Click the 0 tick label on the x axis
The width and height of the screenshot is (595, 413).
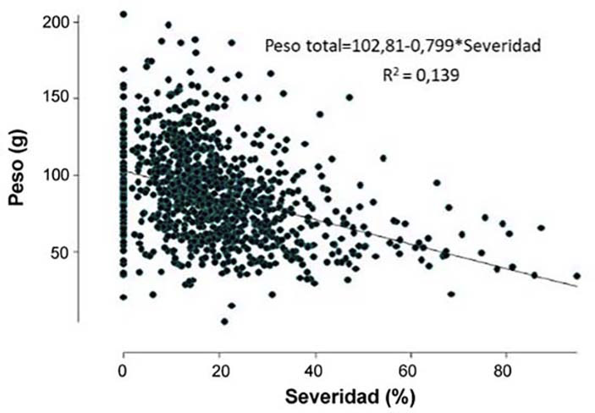pyautogui.click(x=124, y=369)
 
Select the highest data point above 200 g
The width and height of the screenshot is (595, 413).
pyautogui.click(x=124, y=14)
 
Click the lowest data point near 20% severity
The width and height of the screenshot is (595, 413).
pyautogui.click(x=224, y=321)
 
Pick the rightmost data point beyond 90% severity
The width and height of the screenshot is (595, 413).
pyautogui.click(x=576, y=276)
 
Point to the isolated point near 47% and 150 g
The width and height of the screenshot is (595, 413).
pyautogui.click(x=349, y=97)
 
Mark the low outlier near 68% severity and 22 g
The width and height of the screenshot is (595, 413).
pyautogui.click(x=451, y=295)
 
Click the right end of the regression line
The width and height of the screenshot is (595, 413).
pyautogui.click(x=577, y=287)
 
